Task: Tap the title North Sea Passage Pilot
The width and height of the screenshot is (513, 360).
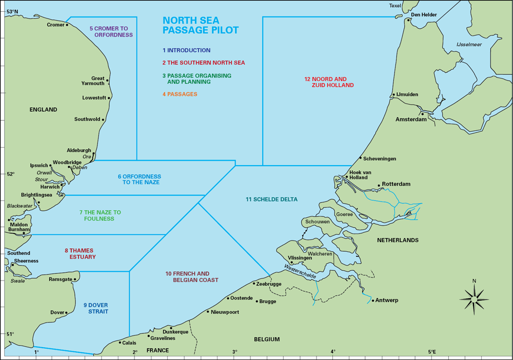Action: (x=201, y=25)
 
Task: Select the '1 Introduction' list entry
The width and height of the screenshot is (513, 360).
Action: (x=186, y=50)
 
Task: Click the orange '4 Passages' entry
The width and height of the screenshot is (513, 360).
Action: (x=180, y=94)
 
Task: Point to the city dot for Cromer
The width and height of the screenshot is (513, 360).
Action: (x=67, y=24)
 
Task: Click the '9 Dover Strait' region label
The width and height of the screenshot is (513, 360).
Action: (x=95, y=308)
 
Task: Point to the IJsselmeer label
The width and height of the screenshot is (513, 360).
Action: (x=469, y=45)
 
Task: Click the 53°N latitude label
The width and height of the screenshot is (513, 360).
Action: (x=11, y=11)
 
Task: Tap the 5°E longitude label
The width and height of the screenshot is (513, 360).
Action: (x=432, y=352)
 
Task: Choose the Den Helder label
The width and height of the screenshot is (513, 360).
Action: (x=424, y=15)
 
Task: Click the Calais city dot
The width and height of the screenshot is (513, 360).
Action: (x=120, y=343)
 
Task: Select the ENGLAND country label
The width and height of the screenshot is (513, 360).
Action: (x=43, y=110)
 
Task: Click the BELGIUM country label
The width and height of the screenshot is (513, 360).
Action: (x=267, y=339)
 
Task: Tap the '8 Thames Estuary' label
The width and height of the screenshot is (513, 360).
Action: (x=80, y=253)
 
